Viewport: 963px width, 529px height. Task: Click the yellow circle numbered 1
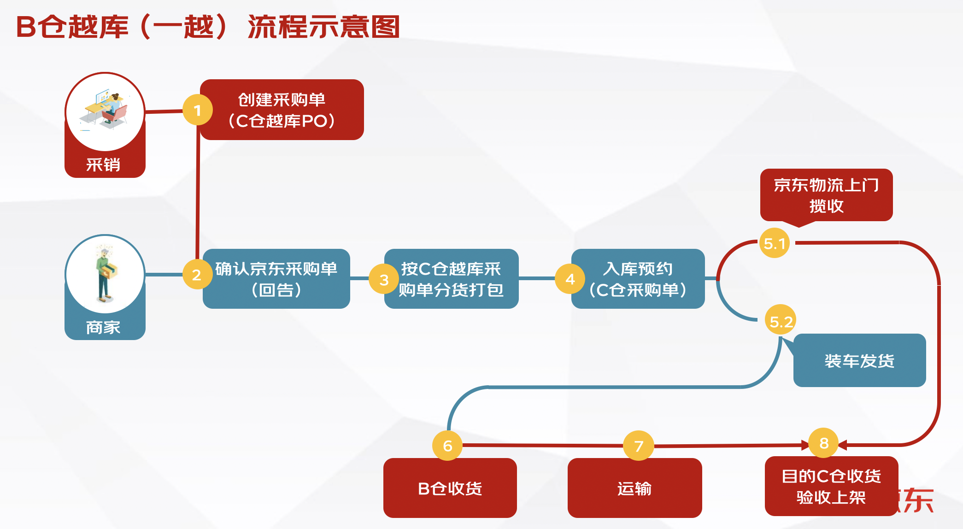click(197, 110)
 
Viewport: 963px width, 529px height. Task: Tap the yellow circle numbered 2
click(197, 275)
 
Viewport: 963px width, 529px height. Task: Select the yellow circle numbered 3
click(384, 279)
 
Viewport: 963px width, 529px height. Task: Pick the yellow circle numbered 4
click(570, 279)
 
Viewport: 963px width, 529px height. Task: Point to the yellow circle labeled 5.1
click(775, 243)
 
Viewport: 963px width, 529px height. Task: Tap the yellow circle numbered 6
click(447, 445)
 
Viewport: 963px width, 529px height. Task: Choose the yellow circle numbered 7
click(638, 446)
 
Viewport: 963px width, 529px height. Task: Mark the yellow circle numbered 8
click(824, 443)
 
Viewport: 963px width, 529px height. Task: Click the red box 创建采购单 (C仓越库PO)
click(282, 110)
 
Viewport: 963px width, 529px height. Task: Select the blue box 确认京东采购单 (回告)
click(276, 279)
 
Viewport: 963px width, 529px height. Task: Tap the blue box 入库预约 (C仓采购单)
click(638, 279)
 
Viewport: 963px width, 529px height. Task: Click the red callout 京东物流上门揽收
click(826, 195)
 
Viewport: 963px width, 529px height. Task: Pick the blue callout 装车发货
click(859, 360)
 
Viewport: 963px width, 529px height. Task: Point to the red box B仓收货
click(450, 488)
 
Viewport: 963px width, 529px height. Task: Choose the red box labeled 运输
click(634, 488)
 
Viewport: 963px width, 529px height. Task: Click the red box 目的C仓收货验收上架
click(831, 486)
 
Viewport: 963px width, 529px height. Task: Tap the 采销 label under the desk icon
click(104, 164)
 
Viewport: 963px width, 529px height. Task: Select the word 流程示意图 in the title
click(323, 27)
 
